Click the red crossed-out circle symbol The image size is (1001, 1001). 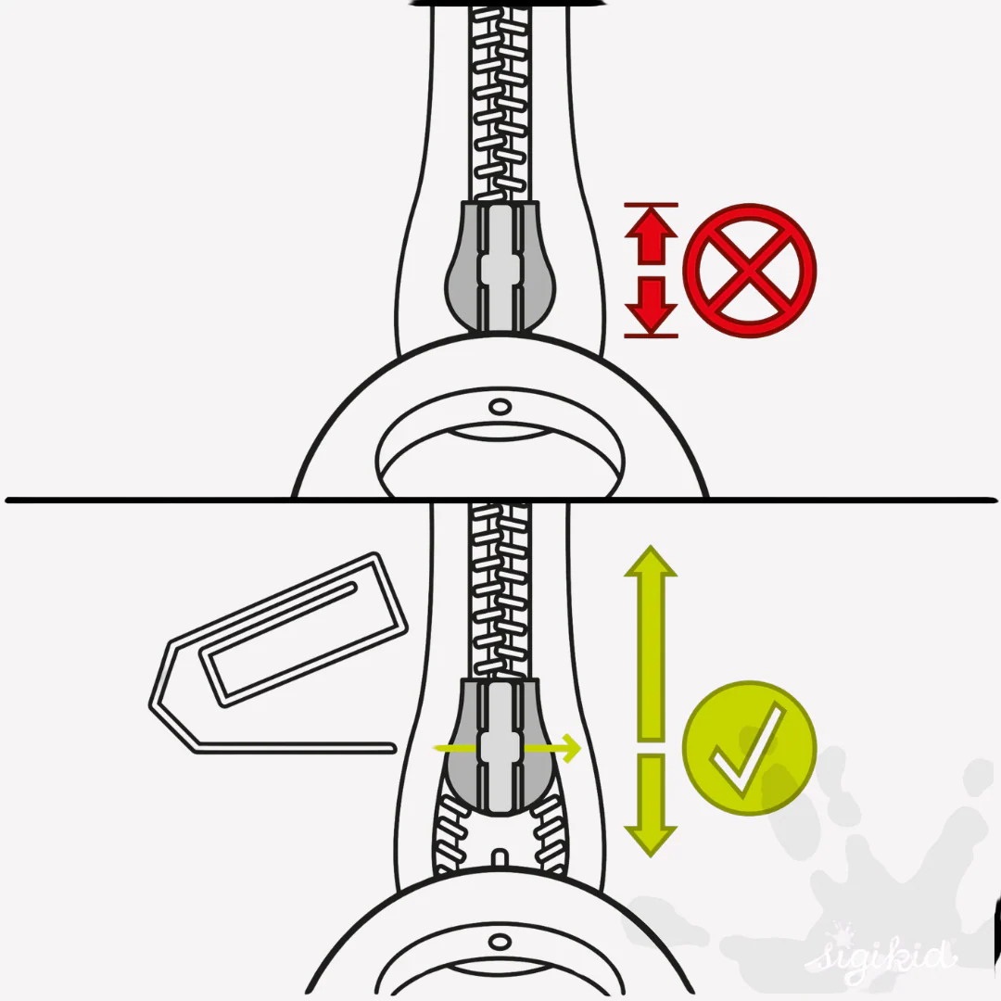pos(750,270)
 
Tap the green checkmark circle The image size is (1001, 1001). pos(750,748)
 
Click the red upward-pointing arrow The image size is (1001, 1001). pos(651,237)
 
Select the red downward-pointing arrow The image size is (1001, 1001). pos(651,304)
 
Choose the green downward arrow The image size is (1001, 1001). pos(651,805)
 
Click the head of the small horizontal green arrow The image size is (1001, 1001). pos(570,748)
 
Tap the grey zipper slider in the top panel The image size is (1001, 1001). pos(500,267)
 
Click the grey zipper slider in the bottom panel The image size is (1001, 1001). pos(500,747)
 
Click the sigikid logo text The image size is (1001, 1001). pos(881,956)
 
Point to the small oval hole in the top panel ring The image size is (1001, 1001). pos(500,407)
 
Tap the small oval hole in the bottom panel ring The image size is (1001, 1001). pos(500,942)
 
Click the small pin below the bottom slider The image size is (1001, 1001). pos(500,858)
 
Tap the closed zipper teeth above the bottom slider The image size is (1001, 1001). pos(500,591)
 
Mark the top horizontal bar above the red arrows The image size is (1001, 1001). pos(651,205)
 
